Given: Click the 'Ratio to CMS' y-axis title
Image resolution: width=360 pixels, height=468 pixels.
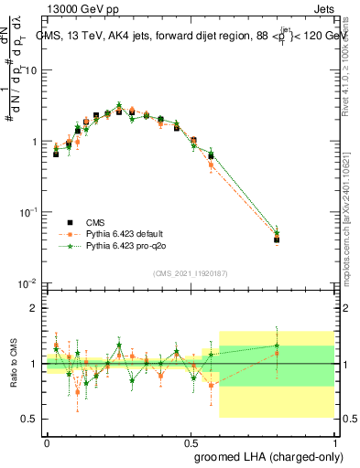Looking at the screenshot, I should (x=12, y=364).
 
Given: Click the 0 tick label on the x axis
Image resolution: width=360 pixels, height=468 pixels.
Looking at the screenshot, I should (x=47, y=441).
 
